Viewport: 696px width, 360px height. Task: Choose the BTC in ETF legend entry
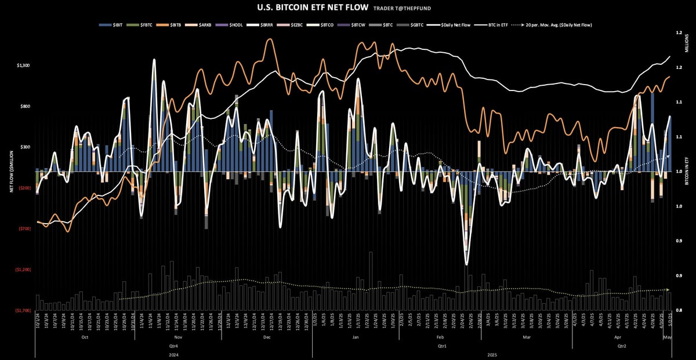[x=495, y=25]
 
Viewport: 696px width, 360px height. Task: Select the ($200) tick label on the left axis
[x=23, y=188]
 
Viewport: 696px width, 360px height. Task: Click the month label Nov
[x=178, y=337]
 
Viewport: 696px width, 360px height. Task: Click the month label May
[x=667, y=337]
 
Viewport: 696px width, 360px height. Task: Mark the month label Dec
[x=267, y=337]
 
